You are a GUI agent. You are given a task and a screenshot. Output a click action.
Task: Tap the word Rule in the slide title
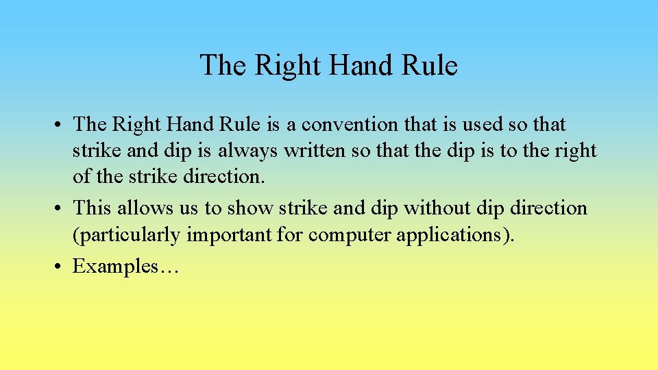click(430, 66)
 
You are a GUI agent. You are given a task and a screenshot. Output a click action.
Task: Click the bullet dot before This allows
click(61, 208)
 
